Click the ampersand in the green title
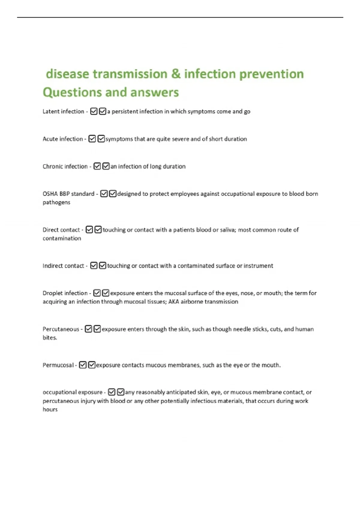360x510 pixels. [176, 74]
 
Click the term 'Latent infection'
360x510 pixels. [63, 112]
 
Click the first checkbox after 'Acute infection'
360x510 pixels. [92, 139]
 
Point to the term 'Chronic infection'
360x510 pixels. [65, 166]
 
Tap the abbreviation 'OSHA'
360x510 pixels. [50, 194]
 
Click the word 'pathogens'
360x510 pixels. [56, 202]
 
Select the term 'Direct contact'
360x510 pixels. [61, 230]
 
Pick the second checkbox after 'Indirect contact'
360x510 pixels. [103, 265]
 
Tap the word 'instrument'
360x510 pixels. [258, 266]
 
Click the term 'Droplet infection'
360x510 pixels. [65, 293]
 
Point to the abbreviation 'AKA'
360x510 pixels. [174, 302]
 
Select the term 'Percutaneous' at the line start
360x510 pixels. [61, 329]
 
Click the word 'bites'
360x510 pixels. [49, 338]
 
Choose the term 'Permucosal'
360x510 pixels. [58, 365]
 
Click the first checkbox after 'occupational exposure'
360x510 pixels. [112, 392]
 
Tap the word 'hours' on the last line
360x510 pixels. [50, 409]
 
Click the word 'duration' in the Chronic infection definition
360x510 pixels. [174, 166]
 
